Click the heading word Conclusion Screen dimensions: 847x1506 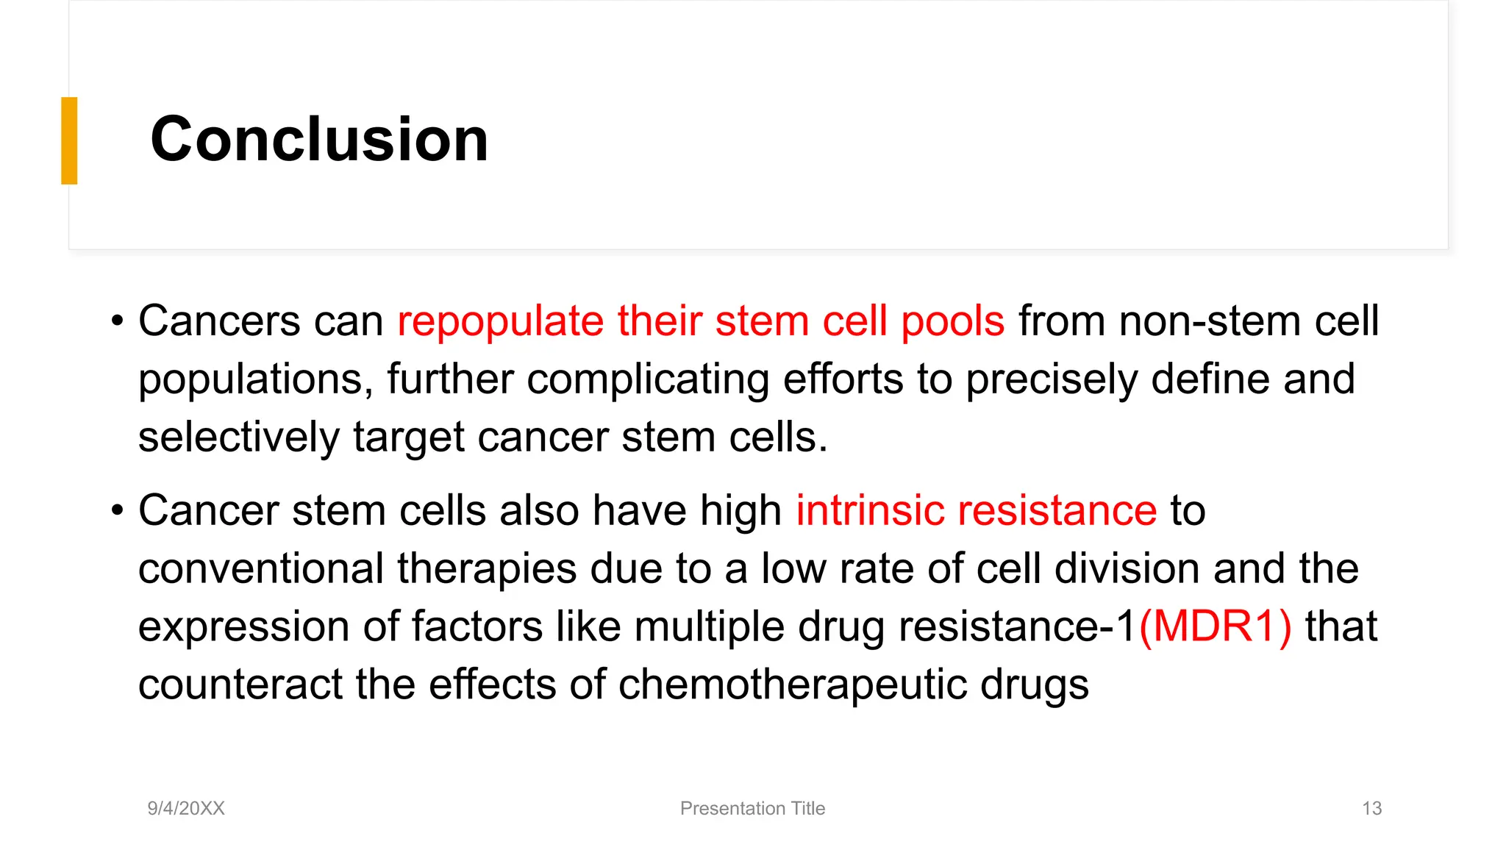point(319,140)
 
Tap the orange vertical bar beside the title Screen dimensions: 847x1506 point(69,140)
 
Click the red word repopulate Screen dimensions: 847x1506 point(500,322)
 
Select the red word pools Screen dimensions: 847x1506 point(952,322)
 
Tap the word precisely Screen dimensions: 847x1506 point(1051,379)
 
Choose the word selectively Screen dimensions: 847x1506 point(238,437)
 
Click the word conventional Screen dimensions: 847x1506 point(261,568)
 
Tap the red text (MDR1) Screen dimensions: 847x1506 point(1215,626)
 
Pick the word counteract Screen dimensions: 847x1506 point(240,685)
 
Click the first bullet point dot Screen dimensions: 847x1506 point(117,321)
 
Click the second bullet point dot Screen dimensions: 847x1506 point(117,510)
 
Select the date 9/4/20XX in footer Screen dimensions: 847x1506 point(186,808)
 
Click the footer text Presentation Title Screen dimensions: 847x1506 point(752,808)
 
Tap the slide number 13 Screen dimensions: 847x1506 point(1371,808)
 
